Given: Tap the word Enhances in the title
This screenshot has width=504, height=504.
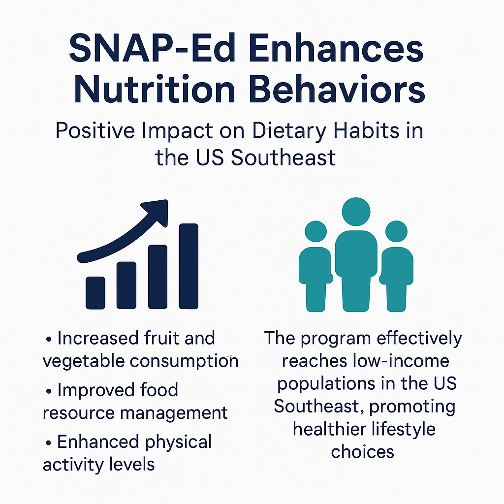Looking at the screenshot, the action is (x=336, y=49).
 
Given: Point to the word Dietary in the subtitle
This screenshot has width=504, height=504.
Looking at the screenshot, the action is (x=289, y=131).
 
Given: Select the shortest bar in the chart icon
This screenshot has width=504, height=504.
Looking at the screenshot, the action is (x=95, y=293).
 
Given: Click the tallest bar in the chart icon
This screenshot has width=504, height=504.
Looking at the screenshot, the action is (x=189, y=266).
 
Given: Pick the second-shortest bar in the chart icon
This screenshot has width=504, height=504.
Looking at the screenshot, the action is (x=126, y=285).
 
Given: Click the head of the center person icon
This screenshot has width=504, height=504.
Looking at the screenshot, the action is (x=356, y=212).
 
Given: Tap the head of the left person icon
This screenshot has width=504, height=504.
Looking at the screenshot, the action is (x=315, y=231).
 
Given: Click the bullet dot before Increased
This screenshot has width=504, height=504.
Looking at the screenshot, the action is (x=49, y=340).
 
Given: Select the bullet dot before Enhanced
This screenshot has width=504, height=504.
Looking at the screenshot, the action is (x=49, y=443).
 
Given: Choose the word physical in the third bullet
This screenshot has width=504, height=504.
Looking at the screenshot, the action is (x=178, y=442).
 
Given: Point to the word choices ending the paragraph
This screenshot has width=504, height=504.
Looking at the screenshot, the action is (x=363, y=452).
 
